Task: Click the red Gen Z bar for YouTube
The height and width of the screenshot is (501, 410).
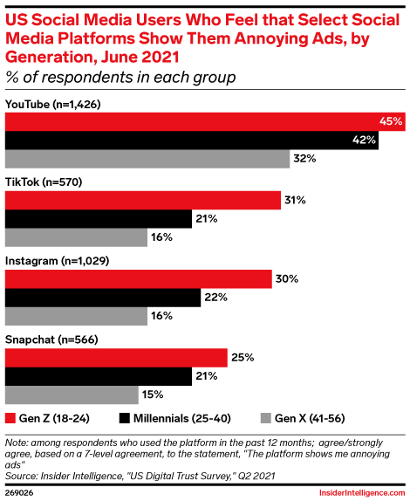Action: (205, 121)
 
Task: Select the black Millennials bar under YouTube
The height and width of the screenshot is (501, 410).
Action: (192, 141)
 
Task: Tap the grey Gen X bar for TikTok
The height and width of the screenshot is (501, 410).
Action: (76, 237)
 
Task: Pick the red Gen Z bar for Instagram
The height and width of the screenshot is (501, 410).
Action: (138, 279)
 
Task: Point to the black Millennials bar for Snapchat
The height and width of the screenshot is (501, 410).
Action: (99, 376)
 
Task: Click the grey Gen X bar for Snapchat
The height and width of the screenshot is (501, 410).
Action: (72, 395)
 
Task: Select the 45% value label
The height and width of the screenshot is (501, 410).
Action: (391, 121)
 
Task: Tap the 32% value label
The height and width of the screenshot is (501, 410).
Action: (304, 159)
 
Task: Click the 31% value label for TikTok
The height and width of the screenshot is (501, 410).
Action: (295, 201)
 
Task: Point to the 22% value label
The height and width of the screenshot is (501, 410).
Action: (215, 298)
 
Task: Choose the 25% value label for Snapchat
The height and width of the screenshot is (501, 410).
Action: (243, 358)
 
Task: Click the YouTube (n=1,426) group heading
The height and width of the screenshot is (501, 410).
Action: (53, 105)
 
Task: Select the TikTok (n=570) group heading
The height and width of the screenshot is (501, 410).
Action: (44, 182)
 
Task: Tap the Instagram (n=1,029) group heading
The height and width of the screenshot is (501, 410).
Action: (58, 261)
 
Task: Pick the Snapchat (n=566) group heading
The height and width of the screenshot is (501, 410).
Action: (51, 340)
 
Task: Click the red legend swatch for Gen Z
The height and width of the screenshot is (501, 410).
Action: (10, 418)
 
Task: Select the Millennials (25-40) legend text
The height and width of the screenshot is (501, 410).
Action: (182, 419)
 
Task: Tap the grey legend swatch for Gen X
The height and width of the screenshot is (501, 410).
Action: (266, 418)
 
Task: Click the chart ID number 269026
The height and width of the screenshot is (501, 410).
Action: (19, 493)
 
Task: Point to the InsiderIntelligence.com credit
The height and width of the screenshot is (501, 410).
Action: (362, 493)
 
